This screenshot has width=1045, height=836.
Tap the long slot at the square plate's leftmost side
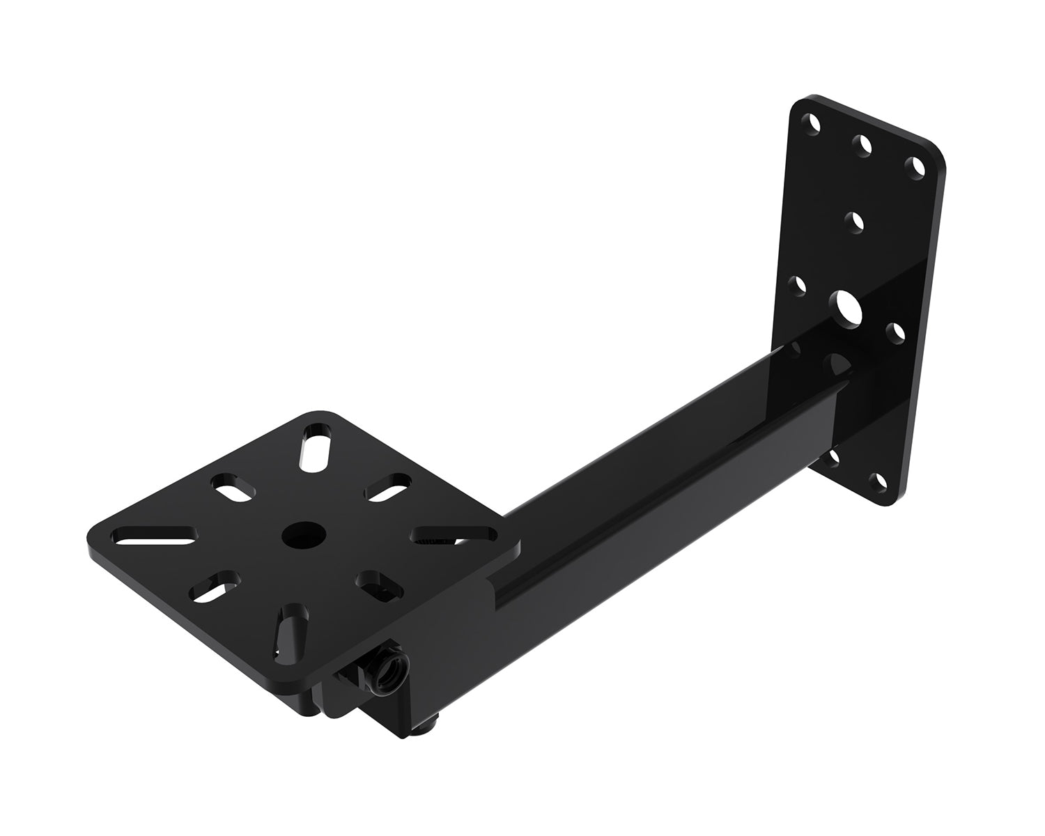pyautogui.click(x=155, y=535)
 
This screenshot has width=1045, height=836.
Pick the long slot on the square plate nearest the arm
pyautogui.click(x=453, y=535)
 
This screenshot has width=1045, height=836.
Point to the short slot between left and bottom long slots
pyautogui.click(x=214, y=586)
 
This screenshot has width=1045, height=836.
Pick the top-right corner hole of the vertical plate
pyautogui.click(x=915, y=166)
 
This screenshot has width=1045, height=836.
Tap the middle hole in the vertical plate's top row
pyautogui.click(x=864, y=144)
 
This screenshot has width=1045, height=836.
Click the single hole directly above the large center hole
pyautogui.click(x=854, y=223)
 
